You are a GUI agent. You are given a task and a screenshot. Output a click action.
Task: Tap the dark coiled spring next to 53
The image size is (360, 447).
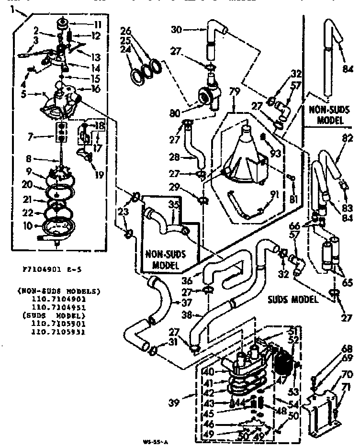click(284, 367)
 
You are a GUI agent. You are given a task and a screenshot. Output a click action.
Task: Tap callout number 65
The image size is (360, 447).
click(348, 282)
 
